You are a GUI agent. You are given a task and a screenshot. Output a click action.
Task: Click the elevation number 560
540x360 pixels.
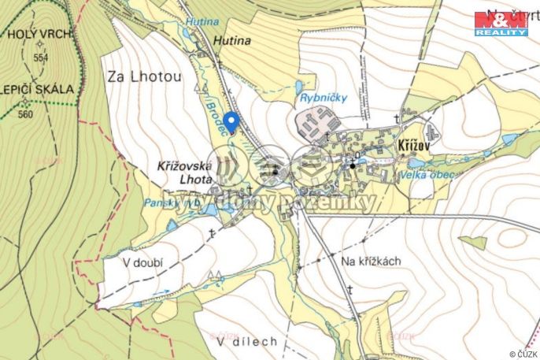[x=25, y=114]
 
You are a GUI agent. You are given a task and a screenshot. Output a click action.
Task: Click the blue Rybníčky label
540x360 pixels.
[x=320, y=98]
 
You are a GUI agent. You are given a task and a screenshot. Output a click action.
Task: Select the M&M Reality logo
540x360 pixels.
[x=501, y=23]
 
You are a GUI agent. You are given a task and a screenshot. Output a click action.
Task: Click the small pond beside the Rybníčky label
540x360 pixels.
[x=299, y=87]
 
